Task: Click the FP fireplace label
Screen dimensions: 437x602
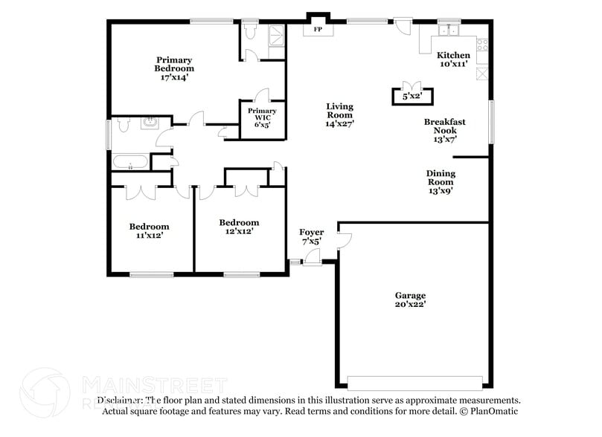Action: point(318,30)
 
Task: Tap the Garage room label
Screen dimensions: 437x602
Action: point(410,295)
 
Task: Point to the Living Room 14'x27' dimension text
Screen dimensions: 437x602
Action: point(339,124)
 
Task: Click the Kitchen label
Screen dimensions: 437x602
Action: point(453,56)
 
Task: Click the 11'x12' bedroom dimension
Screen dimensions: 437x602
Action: point(149,236)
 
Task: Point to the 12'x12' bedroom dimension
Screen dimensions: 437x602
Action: point(239,231)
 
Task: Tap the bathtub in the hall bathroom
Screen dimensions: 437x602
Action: point(130,162)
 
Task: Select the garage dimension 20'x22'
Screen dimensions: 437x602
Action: point(410,304)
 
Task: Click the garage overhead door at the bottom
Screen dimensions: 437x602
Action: point(415,382)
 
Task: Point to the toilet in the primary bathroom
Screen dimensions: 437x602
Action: point(249,32)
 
